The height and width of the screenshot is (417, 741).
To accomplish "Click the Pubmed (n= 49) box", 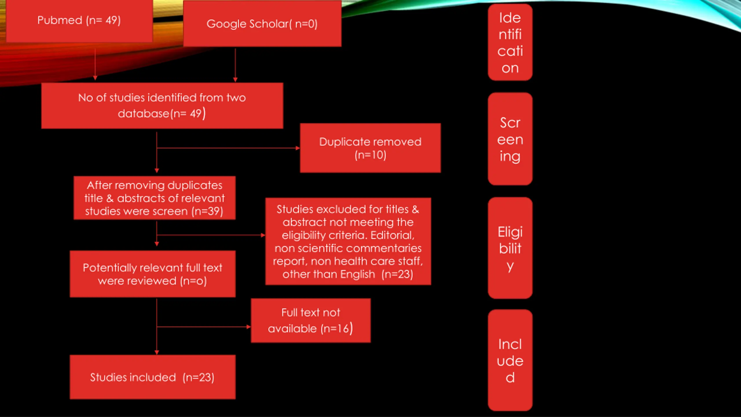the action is click(79, 21).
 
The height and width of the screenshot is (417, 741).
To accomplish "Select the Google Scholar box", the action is click(262, 24).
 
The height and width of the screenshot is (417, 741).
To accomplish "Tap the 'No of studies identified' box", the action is click(162, 106).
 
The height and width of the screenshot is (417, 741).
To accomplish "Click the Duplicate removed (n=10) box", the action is click(370, 148).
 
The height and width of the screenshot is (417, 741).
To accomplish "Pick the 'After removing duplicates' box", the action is click(155, 198).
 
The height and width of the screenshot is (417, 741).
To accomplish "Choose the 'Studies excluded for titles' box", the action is click(348, 241).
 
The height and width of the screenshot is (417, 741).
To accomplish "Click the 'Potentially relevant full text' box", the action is click(153, 274).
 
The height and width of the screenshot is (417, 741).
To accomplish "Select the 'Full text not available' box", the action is click(311, 321).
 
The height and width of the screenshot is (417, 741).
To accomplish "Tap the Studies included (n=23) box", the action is click(153, 377).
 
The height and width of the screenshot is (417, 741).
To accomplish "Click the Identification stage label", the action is click(510, 42).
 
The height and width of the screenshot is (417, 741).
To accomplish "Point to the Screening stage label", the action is click(510, 139).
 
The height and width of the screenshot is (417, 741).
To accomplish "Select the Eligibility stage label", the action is click(510, 248).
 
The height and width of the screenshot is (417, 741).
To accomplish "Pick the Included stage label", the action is click(510, 360).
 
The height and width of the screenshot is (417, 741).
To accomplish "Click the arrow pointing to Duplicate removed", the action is click(228, 148).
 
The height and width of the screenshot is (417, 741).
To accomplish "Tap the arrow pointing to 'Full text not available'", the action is click(204, 327).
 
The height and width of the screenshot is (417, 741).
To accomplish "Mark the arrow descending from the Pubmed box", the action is click(95, 64).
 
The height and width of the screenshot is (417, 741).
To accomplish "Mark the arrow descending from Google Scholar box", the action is click(235, 65).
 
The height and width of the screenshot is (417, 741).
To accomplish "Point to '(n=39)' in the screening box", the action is click(207, 211).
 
